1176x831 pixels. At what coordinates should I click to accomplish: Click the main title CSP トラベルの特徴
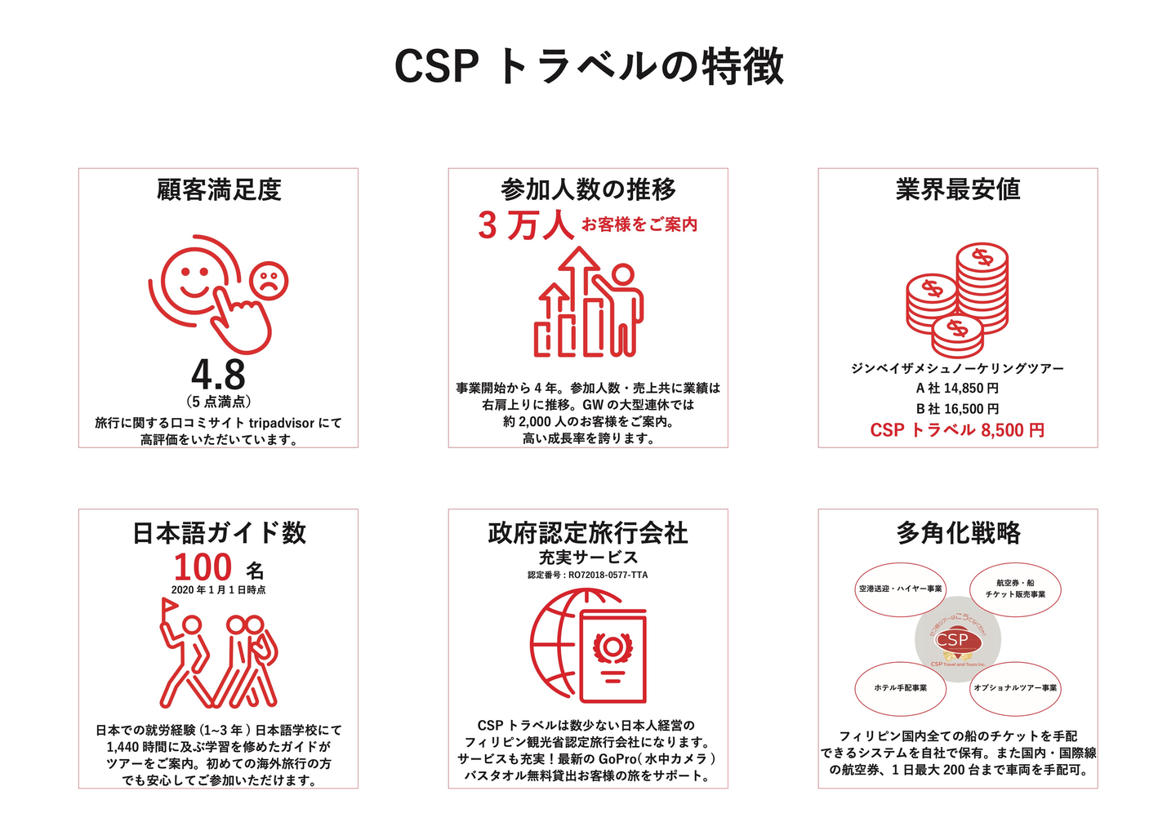click(588, 66)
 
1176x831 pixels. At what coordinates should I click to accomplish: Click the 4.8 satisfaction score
click(218, 375)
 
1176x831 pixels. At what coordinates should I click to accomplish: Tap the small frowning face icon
click(268, 281)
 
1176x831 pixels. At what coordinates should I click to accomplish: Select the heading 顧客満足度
click(219, 189)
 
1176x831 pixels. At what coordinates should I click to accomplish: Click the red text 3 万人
click(526, 225)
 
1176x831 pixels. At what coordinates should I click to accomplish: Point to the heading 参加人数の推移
click(588, 189)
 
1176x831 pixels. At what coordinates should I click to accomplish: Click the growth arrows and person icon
click(588, 303)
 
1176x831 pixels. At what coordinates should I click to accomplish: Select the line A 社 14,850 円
click(957, 389)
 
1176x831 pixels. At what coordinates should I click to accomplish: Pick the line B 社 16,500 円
click(957, 409)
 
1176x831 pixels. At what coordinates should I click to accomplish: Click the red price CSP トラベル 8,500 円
click(957, 430)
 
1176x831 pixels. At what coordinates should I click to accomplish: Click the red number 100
click(203, 567)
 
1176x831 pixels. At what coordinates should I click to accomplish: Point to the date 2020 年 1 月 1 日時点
click(218, 589)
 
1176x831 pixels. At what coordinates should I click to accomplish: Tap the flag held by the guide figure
click(170, 607)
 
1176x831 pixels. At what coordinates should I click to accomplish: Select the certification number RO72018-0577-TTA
click(588, 575)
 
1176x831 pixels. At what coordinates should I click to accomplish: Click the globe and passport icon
click(588, 646)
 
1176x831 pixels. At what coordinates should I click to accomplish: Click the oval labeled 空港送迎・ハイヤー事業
click(900, 589)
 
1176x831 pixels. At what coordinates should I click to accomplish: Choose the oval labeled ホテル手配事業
click(900, 688)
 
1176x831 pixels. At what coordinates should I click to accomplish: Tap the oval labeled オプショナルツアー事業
click(1015, 688)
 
